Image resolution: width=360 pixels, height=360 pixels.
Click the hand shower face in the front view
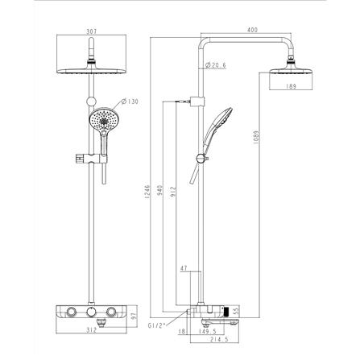[x=103, y=124]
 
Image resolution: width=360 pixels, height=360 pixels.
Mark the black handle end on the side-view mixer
[x=233, y=309]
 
